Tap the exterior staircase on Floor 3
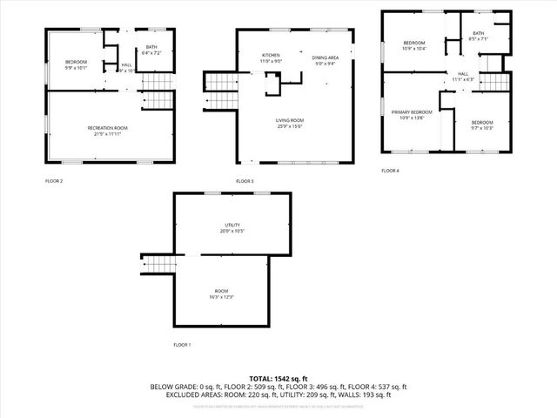click(216, 83)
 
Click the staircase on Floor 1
click(158, 263)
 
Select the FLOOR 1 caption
click(182, 345)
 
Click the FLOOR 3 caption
click(245, 181)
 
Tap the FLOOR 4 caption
click(390, 171)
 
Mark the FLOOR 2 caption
click(54, 181)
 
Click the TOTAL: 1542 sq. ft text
click(278, 378)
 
